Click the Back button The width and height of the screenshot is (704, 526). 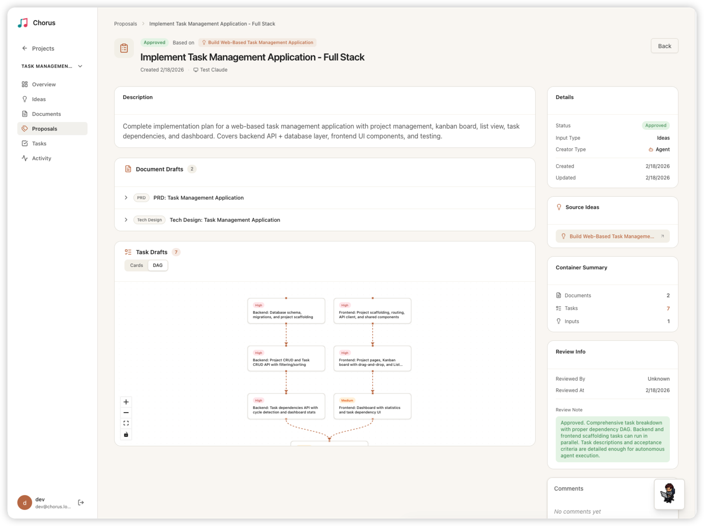[x=664, y=46]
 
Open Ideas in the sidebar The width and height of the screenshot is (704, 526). [x=39, y=99]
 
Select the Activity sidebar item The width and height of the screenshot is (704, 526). [x=41, y=158]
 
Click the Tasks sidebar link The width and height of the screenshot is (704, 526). [x=39, y=144]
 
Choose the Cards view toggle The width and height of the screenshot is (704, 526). [x=136, y=266]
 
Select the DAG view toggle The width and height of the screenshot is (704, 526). [x=158, y=266]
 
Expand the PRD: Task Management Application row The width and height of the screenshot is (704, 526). [x=126, y=198]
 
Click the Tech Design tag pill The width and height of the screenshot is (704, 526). [x=149, y=220]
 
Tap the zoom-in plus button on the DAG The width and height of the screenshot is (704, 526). [x=126, y=402]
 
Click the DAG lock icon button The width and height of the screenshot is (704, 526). [x=126, y=434]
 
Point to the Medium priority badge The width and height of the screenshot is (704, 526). [x=347, y=400]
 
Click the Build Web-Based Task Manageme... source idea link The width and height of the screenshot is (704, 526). [x=612, y=237]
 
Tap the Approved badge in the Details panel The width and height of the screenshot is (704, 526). [x=655, y=126]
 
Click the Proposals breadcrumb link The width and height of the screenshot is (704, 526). [x=125, y=24]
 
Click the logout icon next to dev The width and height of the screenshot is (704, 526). [x=81, y=503]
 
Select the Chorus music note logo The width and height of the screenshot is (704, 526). [x=23, y=23]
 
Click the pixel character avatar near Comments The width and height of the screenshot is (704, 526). [x=669, y=494]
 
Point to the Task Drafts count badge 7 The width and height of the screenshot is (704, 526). [x=176, y=252]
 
